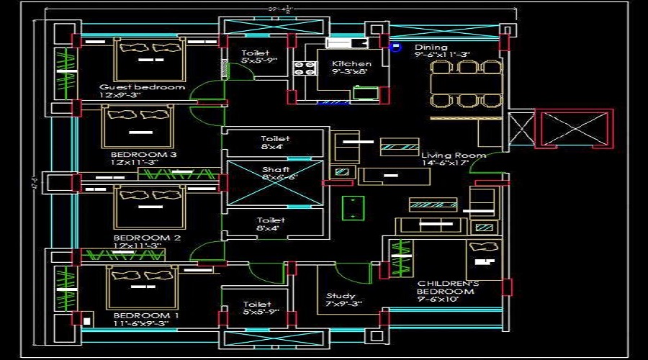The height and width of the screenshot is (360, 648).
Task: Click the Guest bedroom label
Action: pyautogui.click(x=142, y=87)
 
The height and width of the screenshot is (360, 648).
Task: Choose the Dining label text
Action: pyautogui.click(x=431, y=48)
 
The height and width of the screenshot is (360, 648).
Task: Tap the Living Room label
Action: pyautogui.click(x=454, y=155)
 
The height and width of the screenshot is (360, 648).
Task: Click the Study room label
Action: pyautogui.click(x=341, y=296)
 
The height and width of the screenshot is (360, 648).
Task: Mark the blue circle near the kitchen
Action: pyautogui.click(x=395, y=47)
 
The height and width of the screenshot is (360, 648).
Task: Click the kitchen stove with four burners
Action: pyautogui.click(x=304, y=69)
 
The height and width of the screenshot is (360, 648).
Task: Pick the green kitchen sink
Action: pyautogui.click(x=364, y=92)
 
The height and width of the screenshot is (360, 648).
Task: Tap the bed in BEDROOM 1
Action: pyautogui.click(x=142, y=286)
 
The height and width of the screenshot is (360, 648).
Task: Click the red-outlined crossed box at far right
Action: pyautogui.click(x=574, y=129)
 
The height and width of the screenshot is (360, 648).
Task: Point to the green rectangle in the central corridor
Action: pyautogui.click(x=353, y=207)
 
